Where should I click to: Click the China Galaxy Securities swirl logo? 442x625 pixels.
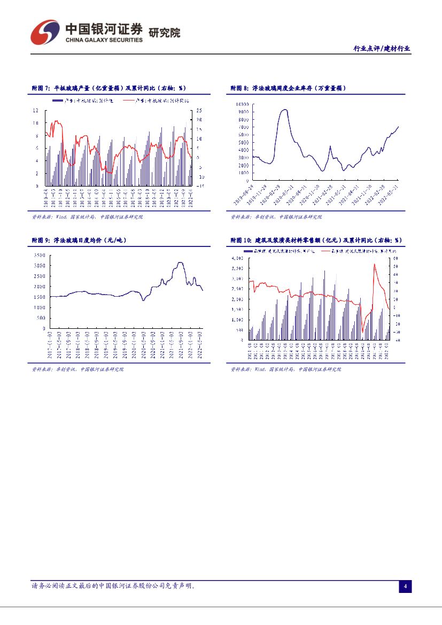[44, 33]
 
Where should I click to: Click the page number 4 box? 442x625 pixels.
[405, 587]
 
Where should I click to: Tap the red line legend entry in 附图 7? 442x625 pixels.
[154, 100]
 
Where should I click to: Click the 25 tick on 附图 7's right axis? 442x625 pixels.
[199, 110]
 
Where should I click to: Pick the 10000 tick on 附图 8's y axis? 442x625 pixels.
[243, 104]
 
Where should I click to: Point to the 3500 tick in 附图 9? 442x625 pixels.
[39, 256]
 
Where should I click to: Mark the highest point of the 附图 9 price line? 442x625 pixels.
[180, 263]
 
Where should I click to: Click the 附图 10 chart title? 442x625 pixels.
[315, 241]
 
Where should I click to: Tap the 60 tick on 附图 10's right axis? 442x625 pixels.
[395, 258]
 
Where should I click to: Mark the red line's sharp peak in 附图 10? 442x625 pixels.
[374, 264]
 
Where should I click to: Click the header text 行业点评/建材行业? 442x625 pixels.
[382, 49]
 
